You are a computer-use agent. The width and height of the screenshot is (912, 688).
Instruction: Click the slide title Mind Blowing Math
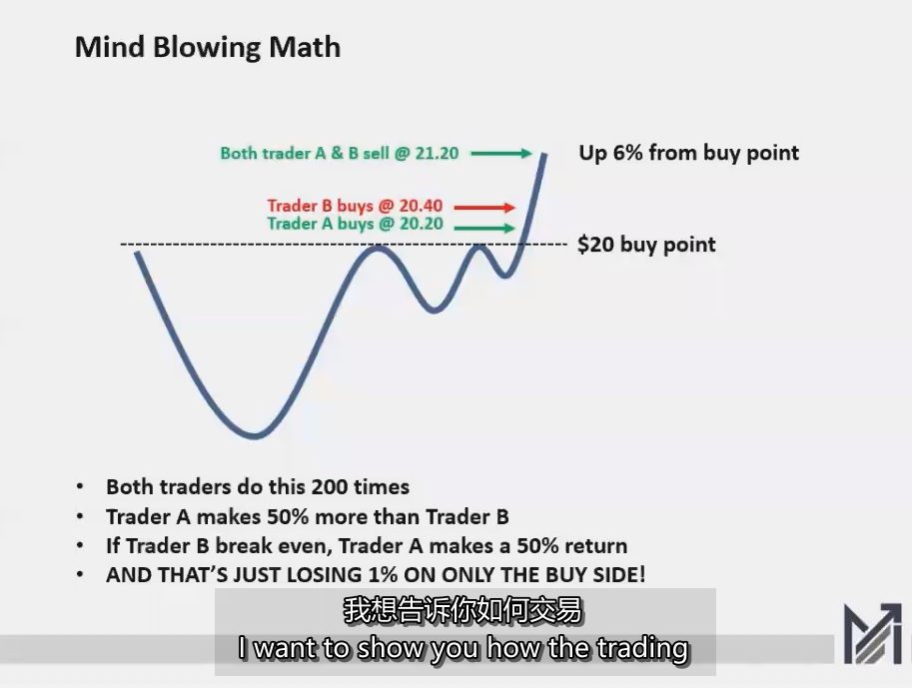pyautogui.click(x=208, y=47)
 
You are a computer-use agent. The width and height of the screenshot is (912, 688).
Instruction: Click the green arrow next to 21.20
pyautogui.click(x=501, y=154)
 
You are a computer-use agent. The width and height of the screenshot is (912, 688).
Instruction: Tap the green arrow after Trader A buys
pyautogui.click(x=484, y=228)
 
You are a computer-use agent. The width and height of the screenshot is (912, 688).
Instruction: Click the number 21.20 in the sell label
pyautogui.click(x=437, y=154)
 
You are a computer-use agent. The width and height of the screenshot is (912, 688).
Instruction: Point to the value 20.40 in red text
pyautogui.click(x=421, y=207)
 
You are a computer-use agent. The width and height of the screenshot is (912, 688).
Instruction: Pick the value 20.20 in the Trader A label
pyautogui.click(x=421, y=224)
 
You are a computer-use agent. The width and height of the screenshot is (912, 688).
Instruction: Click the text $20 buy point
pyautogui.click(x=646, y=245)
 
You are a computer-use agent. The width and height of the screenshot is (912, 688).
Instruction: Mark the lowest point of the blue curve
pyautogui.click(x=256, y=435)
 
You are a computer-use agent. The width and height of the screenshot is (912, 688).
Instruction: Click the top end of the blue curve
pyautogui.click(x=545, y=154)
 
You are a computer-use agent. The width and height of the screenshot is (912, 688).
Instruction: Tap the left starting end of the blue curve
pyautogui.click(x=137, y=254)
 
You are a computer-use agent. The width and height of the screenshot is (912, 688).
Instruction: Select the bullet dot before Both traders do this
pyautogui.click(x=80, y=488)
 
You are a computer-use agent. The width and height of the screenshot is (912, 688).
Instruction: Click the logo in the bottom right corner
pyautogui.click(x=871, y=633)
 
